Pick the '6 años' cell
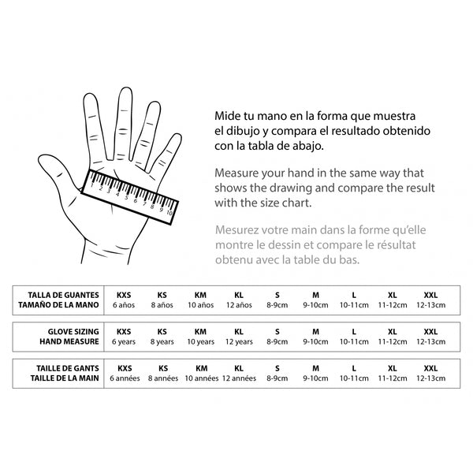124,304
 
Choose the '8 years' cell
162,342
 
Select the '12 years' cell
239,342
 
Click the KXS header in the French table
124,368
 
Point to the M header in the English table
315,331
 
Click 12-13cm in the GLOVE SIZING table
430,342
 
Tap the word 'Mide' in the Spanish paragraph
228,115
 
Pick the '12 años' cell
239,304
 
